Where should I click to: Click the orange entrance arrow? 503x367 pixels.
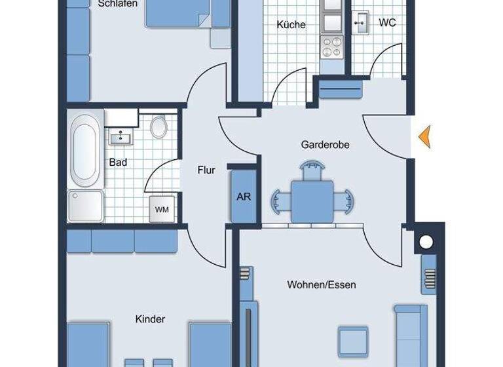click(x=424, y=136)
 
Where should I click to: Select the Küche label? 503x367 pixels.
click(x=291, y=25)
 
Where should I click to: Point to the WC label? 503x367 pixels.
click(x=387, y=22)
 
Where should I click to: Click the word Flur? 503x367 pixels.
click(x=206, y=170)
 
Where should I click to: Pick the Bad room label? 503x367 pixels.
click(x=118, y=162)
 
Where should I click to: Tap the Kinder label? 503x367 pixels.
click(x=150, y=319)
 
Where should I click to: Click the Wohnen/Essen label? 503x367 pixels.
click(x=321, y=285)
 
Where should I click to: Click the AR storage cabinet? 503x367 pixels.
click(x=243, y=197)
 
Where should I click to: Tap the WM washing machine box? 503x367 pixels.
click(x=162, y=210)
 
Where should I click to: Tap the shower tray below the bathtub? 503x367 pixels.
click(x=85, y=206)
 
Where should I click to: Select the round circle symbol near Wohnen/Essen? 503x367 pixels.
click(x=426, y=242)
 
